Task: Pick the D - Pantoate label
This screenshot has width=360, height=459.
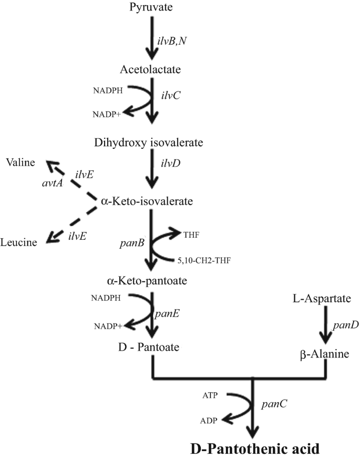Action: coord(151,347)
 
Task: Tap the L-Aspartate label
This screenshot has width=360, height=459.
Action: coord(322,299)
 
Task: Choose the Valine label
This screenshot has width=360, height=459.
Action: coord(20,162)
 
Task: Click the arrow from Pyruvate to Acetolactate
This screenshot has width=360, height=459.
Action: coord(151,37)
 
